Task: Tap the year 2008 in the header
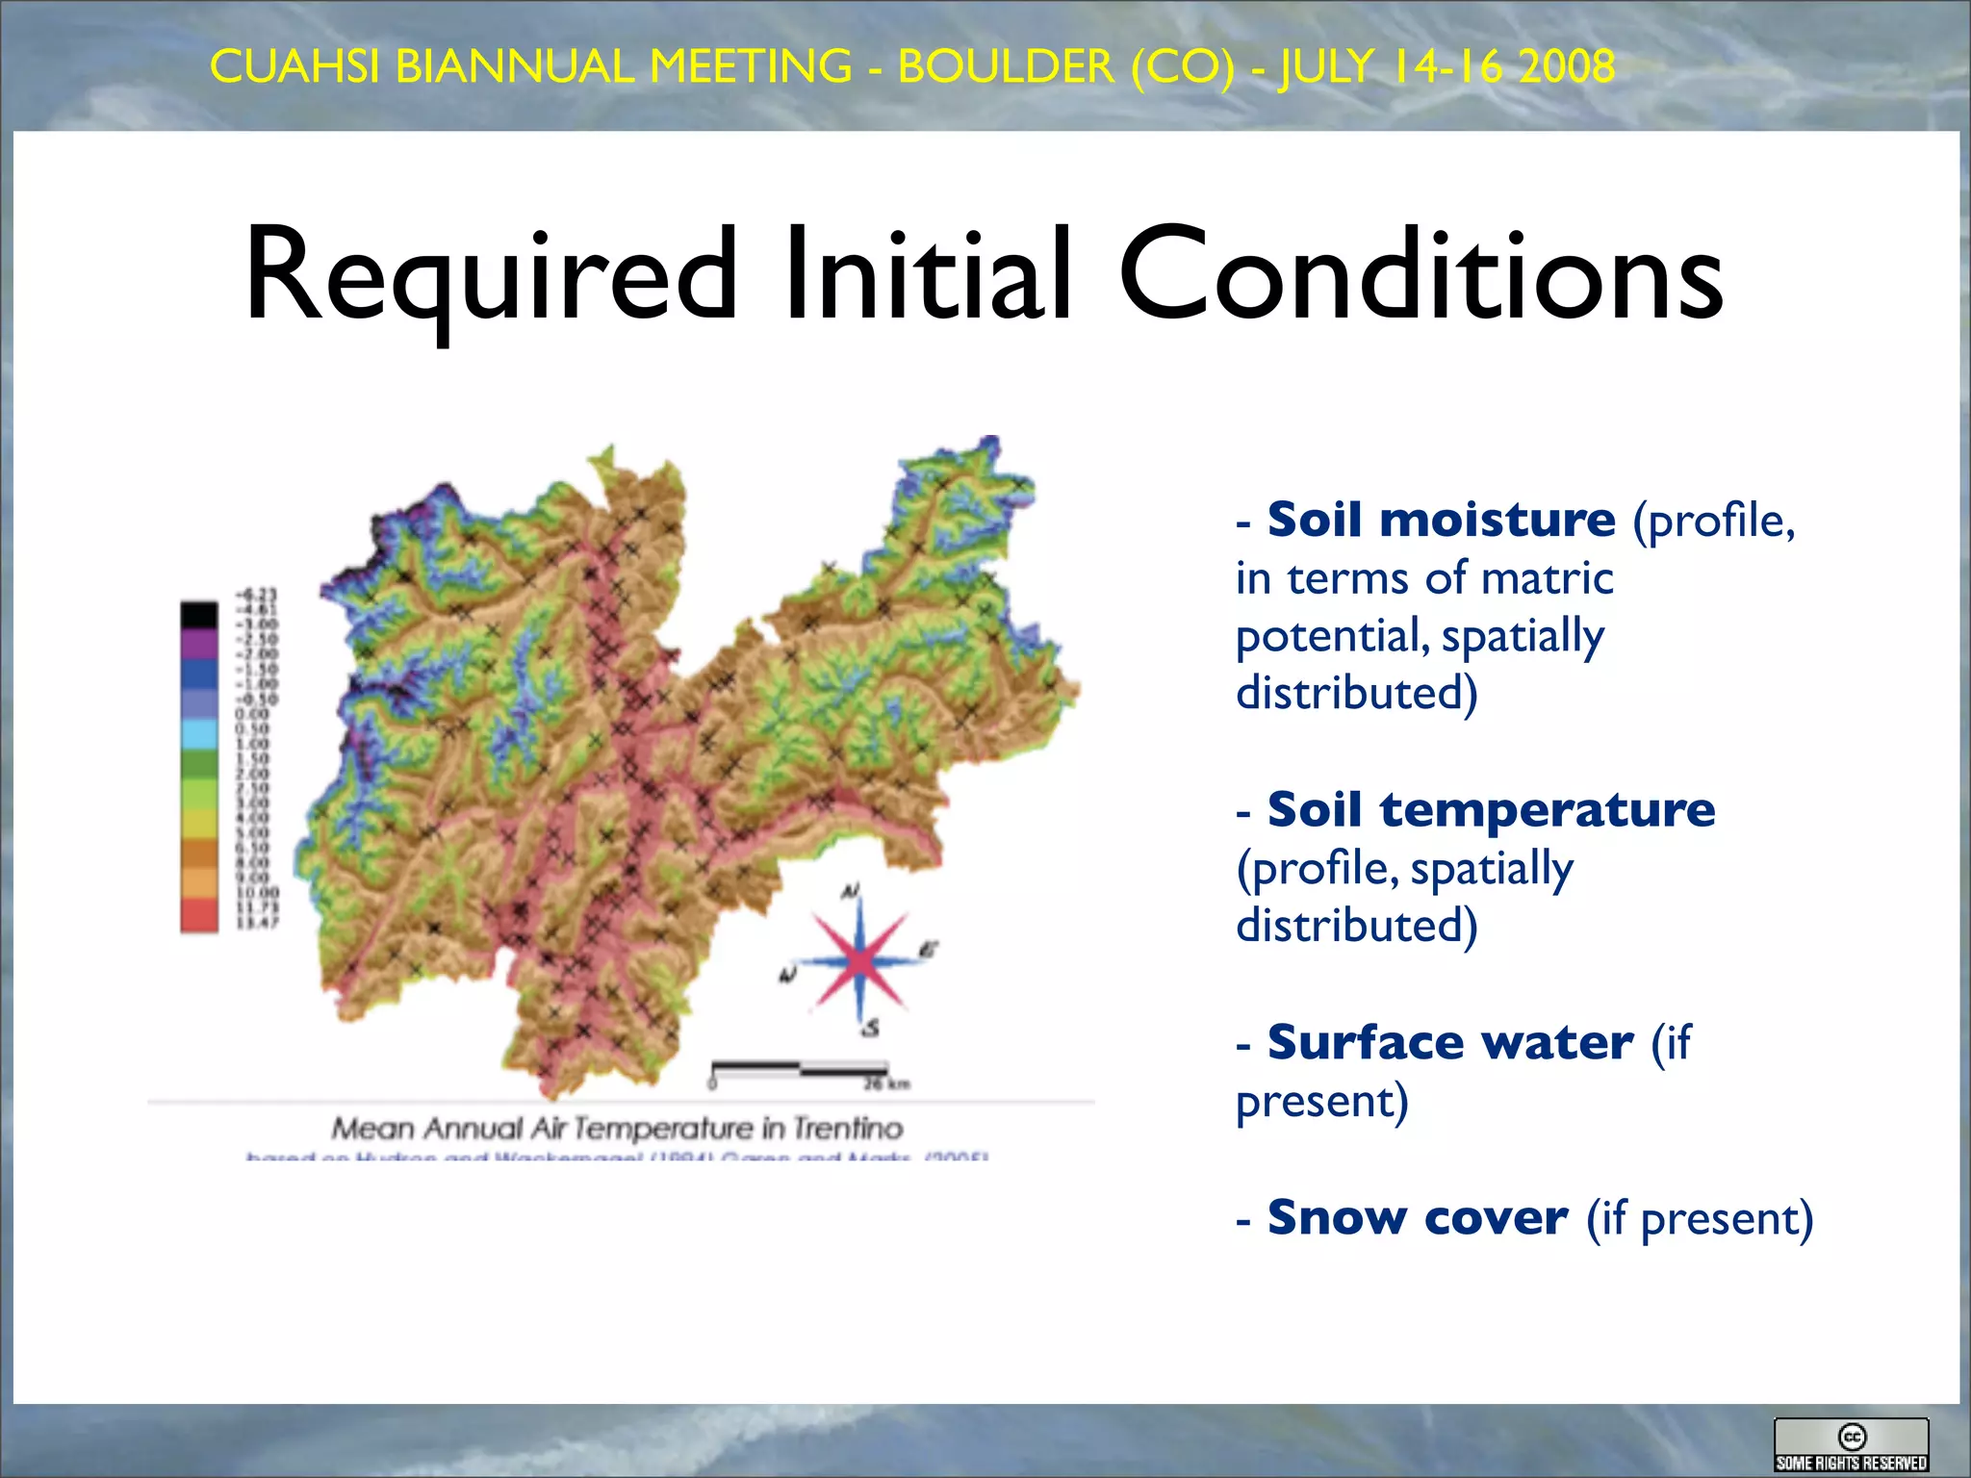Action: (1566, 67)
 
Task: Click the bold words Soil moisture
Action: (1441, 521)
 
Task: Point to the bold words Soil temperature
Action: (1490, 809)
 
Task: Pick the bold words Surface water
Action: (1449, 1042)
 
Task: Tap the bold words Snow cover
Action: (1417, 1217)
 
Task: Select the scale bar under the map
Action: (798, 1068)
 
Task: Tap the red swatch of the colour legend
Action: (199, 914)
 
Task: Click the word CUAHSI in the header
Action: (294, 67)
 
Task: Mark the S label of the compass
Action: (871, 1029)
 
